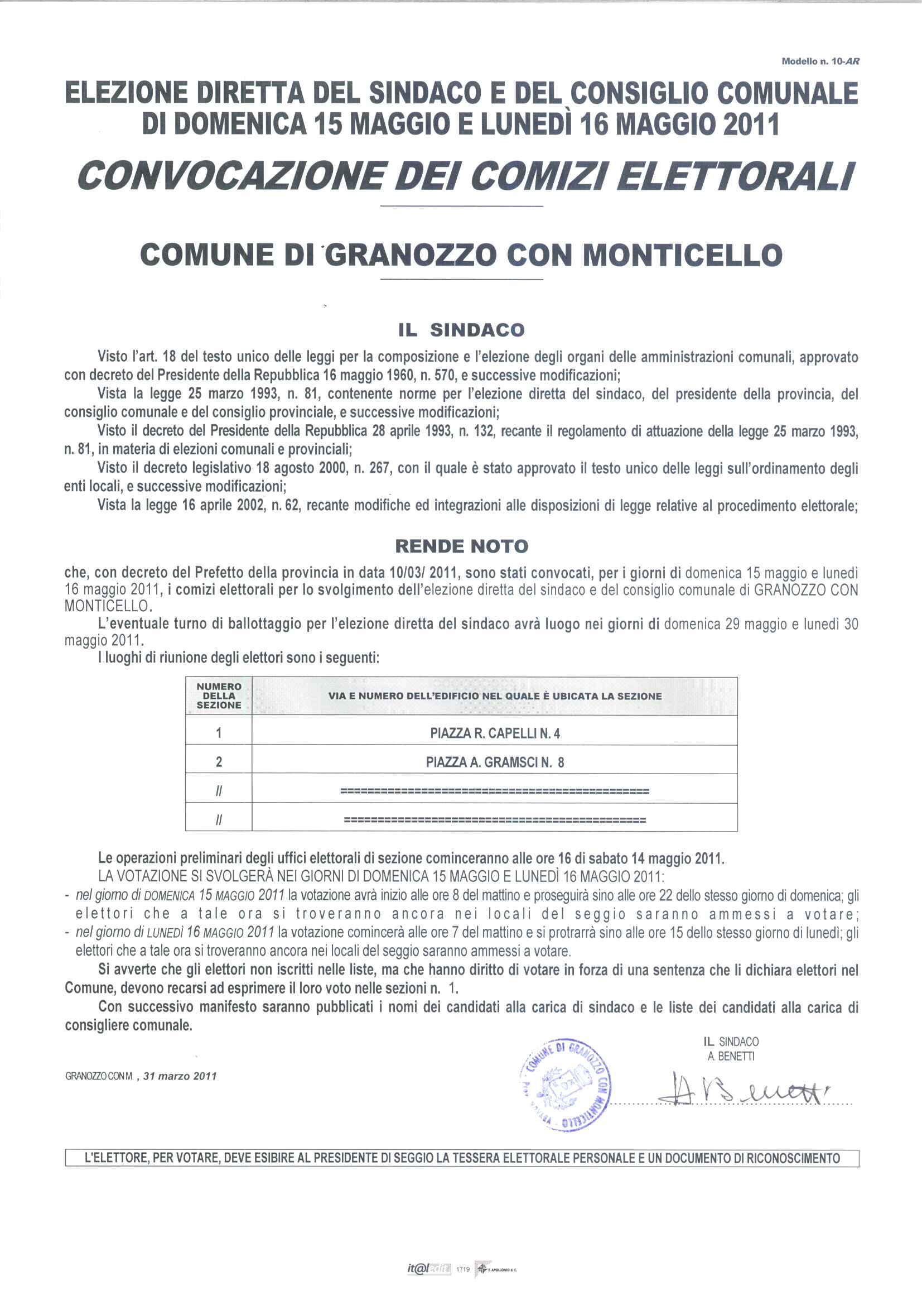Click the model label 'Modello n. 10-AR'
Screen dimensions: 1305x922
pyautogui.click(x=820, y=61)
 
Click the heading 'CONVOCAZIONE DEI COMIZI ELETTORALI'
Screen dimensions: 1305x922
pyautogui.click(x=465, y=177)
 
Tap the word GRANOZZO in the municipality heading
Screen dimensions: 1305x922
pyautogui.click(x=409, y=255)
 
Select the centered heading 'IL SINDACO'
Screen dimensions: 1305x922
pyautogui.click(x=460, y=330)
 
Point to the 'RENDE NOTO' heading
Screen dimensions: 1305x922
pyautogui.click(x=461, y=547)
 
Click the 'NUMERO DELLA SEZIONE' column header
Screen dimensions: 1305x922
pyautogui.click(x=219, y=696)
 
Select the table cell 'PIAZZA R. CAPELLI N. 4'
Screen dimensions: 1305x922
pyautogui.click(x=495, y=733)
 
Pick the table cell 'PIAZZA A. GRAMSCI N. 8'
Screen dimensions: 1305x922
pyautogui.click(x=495, y=762)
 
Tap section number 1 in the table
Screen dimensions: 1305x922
pyautogui.click(x=219, y=733)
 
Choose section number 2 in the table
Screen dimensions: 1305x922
pyautogui.click(x=219, y=762)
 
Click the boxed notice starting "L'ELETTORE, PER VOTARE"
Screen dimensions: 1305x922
pyautogui.click(x=461, y=1158)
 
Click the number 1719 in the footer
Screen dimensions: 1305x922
pyautogui.click(x=463, y=1269)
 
